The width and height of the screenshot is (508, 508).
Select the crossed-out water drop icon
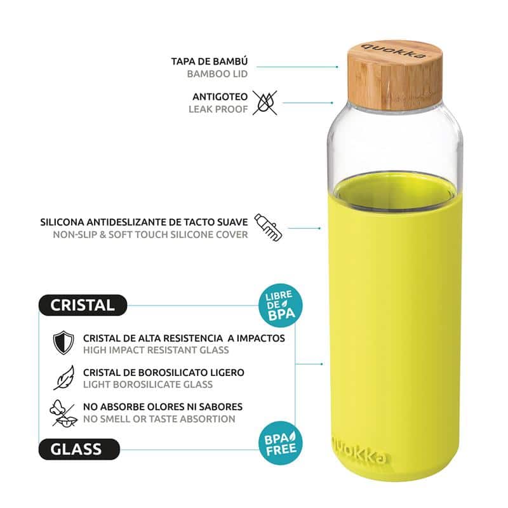(265, 103)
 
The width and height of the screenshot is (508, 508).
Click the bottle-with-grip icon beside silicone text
(268, 227)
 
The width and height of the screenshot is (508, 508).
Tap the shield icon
(63, 343)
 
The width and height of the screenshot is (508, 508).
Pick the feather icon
(64, 377)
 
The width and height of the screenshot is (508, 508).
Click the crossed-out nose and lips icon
(63, 413)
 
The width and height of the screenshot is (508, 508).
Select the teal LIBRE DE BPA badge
(280, 305)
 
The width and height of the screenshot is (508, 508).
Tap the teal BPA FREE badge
(280, 443)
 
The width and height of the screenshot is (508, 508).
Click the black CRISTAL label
(83, 305)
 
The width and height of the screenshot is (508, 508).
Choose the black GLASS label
(79, 450)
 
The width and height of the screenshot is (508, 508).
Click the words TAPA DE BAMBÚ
(210, 61)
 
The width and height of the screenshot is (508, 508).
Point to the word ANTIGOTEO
(220, 97)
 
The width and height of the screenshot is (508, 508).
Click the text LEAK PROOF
(218, 109)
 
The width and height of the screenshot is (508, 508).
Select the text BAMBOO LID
(217, 74)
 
